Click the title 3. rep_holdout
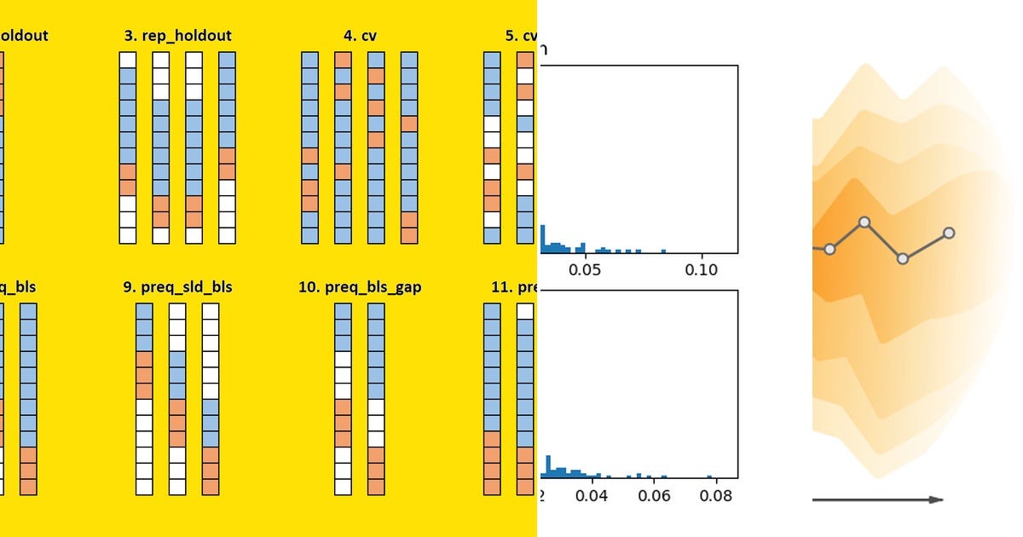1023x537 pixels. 177,36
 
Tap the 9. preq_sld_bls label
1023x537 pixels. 177,287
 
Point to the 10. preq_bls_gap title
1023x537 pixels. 360,287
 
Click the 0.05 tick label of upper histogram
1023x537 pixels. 585,269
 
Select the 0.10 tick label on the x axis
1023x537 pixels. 702,269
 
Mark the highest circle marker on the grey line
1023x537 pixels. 864,222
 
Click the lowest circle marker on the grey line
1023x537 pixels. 903,258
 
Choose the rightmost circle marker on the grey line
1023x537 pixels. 949,233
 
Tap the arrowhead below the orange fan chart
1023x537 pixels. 936,499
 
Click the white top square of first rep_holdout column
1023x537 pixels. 127,60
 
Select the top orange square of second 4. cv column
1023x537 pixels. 343,60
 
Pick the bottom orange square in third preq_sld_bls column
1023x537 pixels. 211,487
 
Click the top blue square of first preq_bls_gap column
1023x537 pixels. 343,311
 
